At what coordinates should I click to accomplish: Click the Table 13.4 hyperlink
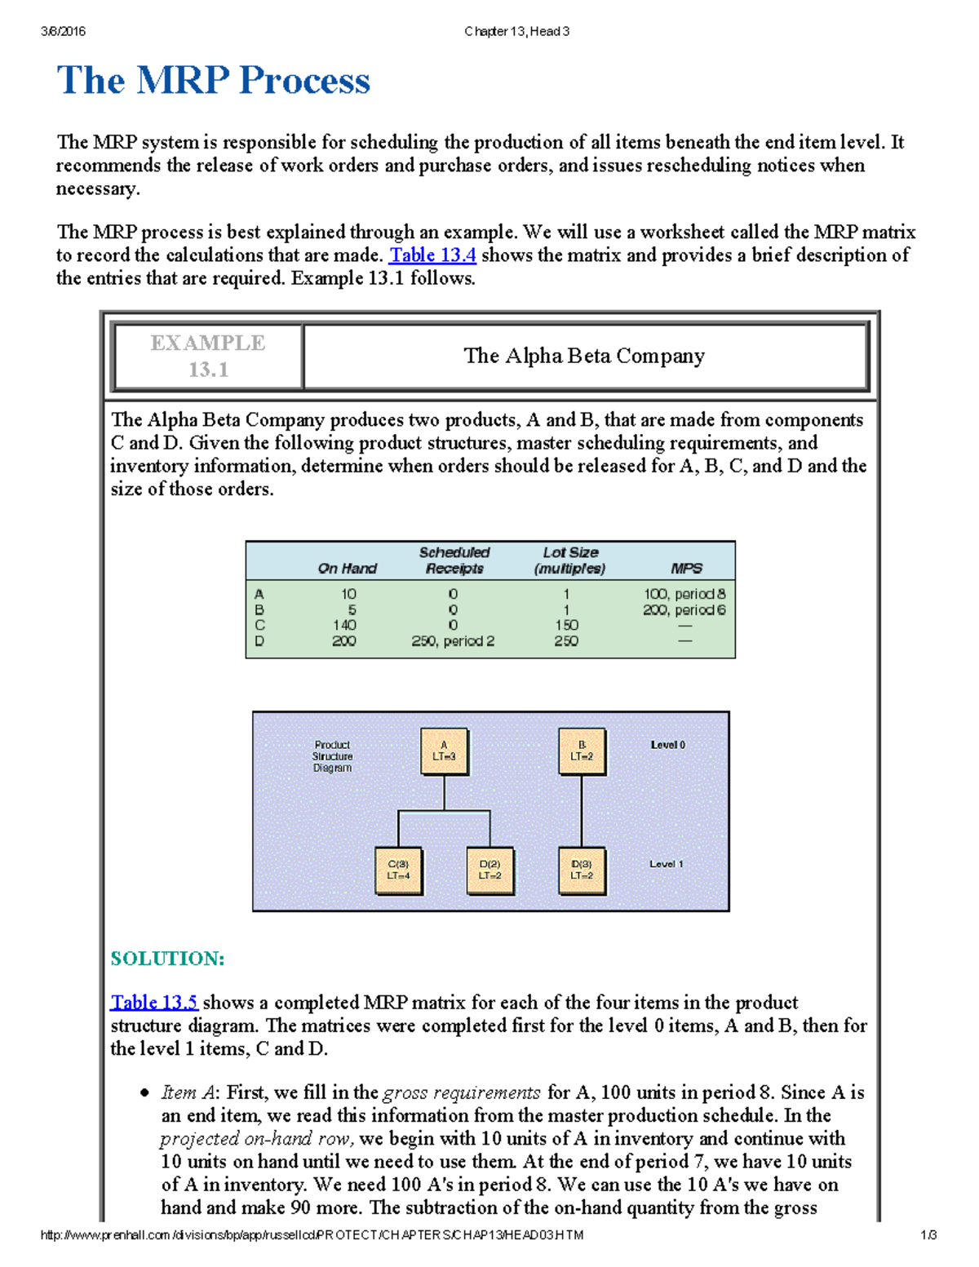(432, 255)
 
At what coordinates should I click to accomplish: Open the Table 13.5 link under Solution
(154, 1002)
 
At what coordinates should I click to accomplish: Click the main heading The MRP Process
(214, 81)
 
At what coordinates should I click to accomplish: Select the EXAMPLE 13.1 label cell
(208, 356)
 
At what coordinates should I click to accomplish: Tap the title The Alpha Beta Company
(584, 356)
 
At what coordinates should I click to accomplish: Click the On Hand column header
(348, 569)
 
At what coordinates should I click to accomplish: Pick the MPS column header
(686, 569)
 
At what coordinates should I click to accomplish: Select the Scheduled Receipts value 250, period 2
(453, 641)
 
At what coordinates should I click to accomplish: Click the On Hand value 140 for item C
(344, 625)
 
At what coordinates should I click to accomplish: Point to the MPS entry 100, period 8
(684, 594)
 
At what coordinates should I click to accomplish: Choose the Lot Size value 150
(566, 625)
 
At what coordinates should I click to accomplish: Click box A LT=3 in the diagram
(444, 751)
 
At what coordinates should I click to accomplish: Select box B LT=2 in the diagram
(582, 751)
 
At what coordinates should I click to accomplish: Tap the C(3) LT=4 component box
(398, 871)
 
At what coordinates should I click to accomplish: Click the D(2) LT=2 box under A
(490, 871)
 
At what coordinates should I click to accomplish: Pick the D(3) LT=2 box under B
(582, 871)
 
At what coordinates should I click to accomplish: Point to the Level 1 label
(667, 864)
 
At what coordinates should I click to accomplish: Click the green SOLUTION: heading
(167, 959)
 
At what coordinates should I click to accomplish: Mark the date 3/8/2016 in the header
(63, 32)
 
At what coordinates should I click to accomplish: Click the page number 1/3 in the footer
(928, 1235)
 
